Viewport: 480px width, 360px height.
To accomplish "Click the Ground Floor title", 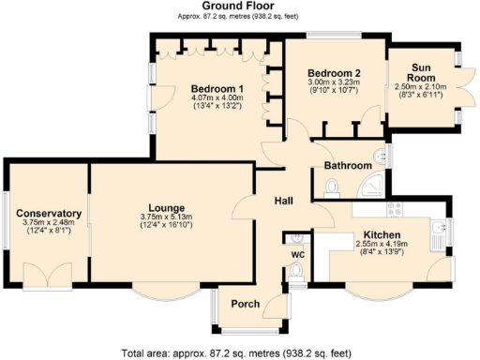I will pos(239,6).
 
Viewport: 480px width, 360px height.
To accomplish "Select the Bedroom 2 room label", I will pos(335,72).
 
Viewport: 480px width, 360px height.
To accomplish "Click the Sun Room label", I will pos(427,68).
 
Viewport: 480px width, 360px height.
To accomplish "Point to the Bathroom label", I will pos(348,166).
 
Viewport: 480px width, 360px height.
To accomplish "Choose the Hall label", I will pos(284,201).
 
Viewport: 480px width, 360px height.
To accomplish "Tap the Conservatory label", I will pos(49,214).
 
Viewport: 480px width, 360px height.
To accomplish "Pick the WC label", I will pos(297,253).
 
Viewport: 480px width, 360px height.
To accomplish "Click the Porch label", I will pos(246,303).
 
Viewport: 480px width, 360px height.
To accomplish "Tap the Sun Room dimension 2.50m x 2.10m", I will pos(427,85).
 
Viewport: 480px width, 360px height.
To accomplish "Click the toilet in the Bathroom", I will pos(329,189).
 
